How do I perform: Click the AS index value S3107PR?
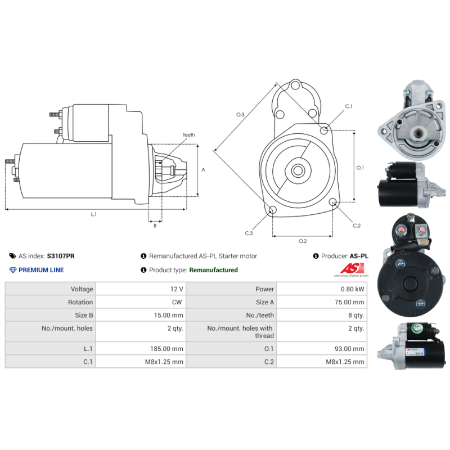point(61,256)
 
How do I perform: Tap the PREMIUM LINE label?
point(41,270)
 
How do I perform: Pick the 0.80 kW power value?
point(353,289)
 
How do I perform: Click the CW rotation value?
point(177,302)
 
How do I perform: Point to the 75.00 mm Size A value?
point(349,302)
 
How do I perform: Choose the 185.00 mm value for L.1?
point(166,349)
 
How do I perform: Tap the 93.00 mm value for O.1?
point(349,349)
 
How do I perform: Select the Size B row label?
point(84,316)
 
